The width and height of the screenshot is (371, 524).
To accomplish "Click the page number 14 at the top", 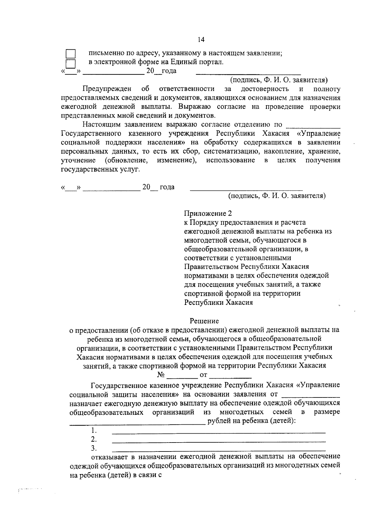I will [200, 40].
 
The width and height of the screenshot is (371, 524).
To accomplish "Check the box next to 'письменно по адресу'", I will [71, 54].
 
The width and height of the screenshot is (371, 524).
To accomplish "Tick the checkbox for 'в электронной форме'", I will [71, 63].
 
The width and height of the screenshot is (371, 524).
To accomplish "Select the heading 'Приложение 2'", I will [208, 214].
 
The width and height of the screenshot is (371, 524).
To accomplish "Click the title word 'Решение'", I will [204, 321].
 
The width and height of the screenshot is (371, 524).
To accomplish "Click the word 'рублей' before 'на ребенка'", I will [219, 421].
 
